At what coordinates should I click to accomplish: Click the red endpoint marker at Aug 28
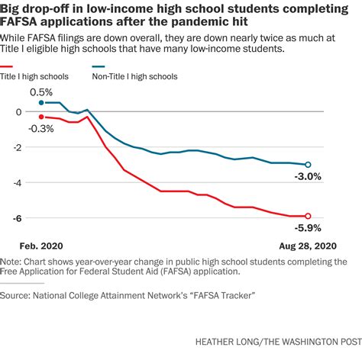pyautogui.click(x=308, y=216)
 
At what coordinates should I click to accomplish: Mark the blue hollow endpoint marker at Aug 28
pyautogui.click(x=308, y=164)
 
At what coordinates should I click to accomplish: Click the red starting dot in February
pyautogui.click(x=40, y=116)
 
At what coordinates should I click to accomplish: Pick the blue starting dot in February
pyautogui.click(x=40, y=102)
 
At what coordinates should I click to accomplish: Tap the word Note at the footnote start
pyautogui.click(x=13, y=261)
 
